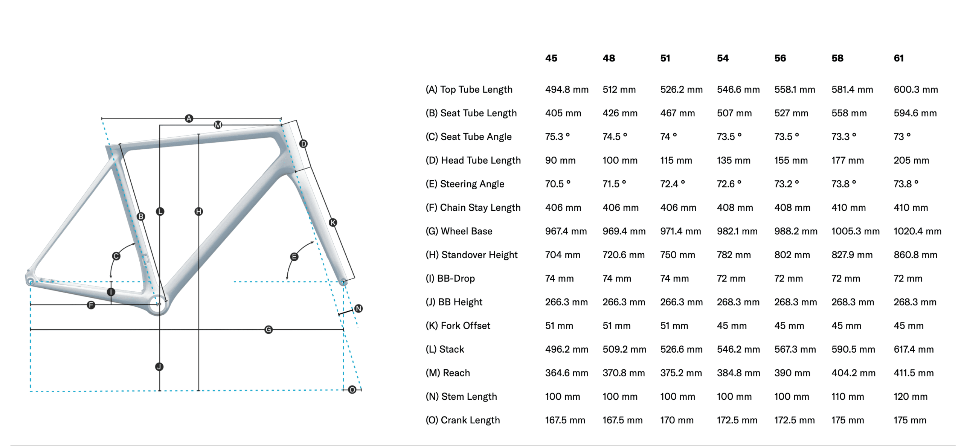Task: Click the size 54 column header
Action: pyautogui.click(x=722, y=58)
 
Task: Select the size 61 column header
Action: pyautogui.click(x=898, y=58)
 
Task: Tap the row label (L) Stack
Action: pyautogui.click(x=444, y=349)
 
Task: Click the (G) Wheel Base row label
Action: pyautogui.click(x=459, y=231)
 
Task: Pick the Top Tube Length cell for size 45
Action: pyautogui.click(x=566, y=90)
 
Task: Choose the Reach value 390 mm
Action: pyautogui.click(x=792, y=373)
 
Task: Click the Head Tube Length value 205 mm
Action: pyautogui.click(x=911, y=160)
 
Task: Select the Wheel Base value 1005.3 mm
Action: pyautogui.click(x=855, y=231)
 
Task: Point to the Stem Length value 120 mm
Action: pyautogui.click(x=910, y=396)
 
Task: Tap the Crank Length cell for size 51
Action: pyautogui.click(x=676, y=420)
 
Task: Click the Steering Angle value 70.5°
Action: pyautogui.click(x=557, y=184)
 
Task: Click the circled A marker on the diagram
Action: pyautogui.click(x=189, y=119)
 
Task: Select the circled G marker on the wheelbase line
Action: pyautogui.click(x=268, y=330)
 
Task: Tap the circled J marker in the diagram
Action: pyautogui.click(x=159, y=367)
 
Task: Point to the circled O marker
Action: pyautogui.click(x=352, y=390)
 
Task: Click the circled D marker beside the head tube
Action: pyautogui.click(x=304, y=144)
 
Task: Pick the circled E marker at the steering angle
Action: pyautogui.click(x=294, y=257)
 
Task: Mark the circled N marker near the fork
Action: pyautogui.click(x=358, y=309)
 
